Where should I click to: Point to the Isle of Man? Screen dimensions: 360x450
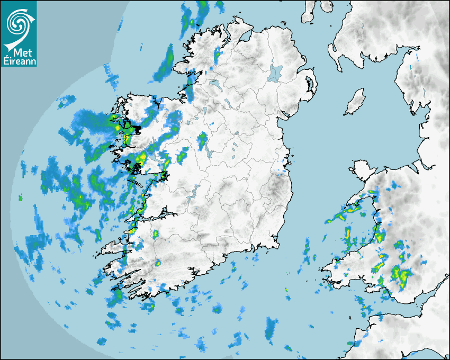click(x=355, y=102)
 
